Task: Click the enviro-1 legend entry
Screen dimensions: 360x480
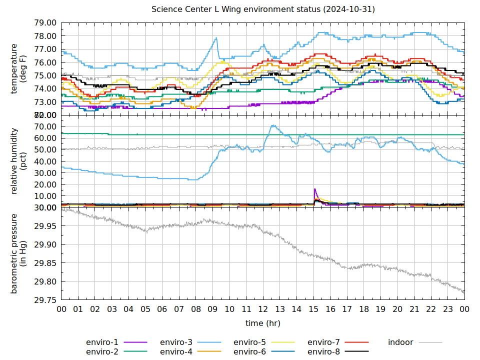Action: [102, 342]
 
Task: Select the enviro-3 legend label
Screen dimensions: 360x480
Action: [176, 342]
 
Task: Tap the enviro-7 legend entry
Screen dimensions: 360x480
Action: [323, 342]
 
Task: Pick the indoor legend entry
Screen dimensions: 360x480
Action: [400, 342]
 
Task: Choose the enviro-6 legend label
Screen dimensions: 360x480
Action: [250, 352]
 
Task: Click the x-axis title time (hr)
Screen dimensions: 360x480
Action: [263, 323]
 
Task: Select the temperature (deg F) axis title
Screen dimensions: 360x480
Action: [18, 68]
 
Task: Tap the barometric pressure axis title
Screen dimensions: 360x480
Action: [18, 253]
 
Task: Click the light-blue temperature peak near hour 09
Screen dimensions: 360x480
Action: [216, 38]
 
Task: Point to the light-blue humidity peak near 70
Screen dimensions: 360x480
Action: [272, 125]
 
